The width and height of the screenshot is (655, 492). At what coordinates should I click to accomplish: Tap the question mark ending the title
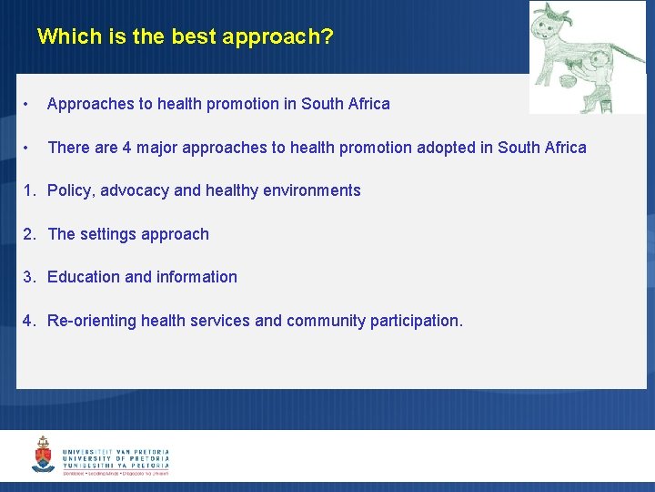pyautogui.click(x=327, y=37)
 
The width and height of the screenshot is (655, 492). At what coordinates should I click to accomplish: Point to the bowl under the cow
pyautogui.click(x=569, y=80)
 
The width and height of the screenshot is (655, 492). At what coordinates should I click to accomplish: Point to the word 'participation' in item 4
pyautogui.click(x=416, y=321)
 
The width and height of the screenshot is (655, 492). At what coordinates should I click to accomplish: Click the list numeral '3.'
pyautogui.click(x=30, y=277)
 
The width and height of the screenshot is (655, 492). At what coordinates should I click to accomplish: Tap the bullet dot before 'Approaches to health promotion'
pyautogui.click(x=28, y=104)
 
